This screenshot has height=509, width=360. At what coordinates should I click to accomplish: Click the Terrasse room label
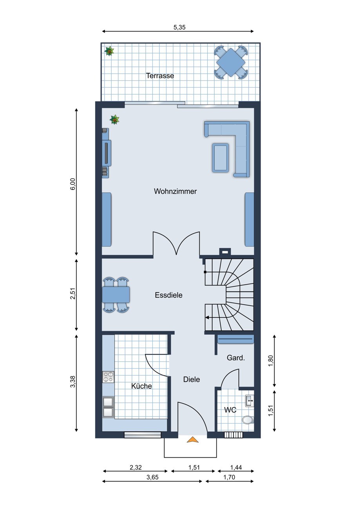(160, 76)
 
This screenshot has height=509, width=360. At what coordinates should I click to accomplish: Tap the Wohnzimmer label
(175, 191)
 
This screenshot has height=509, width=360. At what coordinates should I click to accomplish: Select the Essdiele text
(168, 295)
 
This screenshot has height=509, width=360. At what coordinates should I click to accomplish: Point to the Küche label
(141, 386)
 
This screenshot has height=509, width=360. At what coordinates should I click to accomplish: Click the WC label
(230, 410)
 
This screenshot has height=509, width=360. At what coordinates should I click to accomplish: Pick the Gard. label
(236, 358)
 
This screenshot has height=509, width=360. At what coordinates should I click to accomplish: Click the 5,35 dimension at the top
(179, 27)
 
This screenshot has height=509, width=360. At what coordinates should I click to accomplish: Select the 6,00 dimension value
(72, 184)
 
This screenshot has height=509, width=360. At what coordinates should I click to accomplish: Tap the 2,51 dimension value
(72, 294)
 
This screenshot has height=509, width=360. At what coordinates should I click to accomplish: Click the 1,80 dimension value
(270, 361)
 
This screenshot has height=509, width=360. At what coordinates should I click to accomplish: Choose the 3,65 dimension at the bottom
(152, 477)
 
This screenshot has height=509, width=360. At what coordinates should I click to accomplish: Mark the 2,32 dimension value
(136, 467)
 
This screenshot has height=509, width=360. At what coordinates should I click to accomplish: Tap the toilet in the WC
(248, 420)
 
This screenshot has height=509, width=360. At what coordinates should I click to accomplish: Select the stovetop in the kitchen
(108, 377)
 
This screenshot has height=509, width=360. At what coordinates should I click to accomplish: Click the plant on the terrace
(109, 51)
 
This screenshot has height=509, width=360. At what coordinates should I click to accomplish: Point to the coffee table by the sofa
(220, 157)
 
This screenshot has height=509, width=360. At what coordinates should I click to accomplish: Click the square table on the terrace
(231, 62)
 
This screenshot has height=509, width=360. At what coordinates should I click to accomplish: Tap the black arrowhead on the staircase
(207, 318)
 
